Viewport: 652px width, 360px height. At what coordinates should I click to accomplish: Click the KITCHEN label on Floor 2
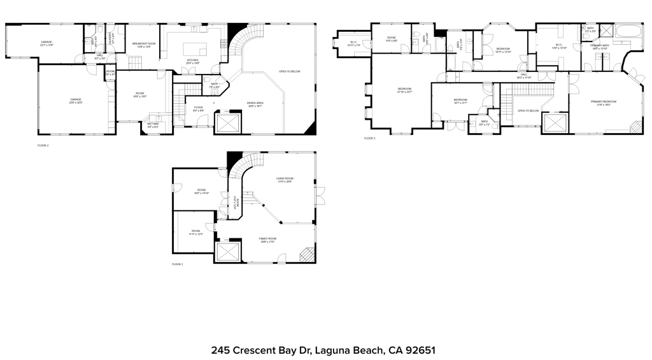tap(193, 62)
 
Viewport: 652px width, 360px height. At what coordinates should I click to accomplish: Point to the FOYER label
tap(199, 108)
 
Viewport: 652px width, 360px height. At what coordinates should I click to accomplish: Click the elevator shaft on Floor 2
tap(229, 123)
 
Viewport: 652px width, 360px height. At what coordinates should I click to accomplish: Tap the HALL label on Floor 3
tap(524, 75)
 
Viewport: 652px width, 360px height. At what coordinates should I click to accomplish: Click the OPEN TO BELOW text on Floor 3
tap(528, 111)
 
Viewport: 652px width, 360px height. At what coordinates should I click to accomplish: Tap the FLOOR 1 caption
tap(177, 264)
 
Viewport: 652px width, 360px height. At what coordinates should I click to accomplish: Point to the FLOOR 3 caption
tap(370, 138)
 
